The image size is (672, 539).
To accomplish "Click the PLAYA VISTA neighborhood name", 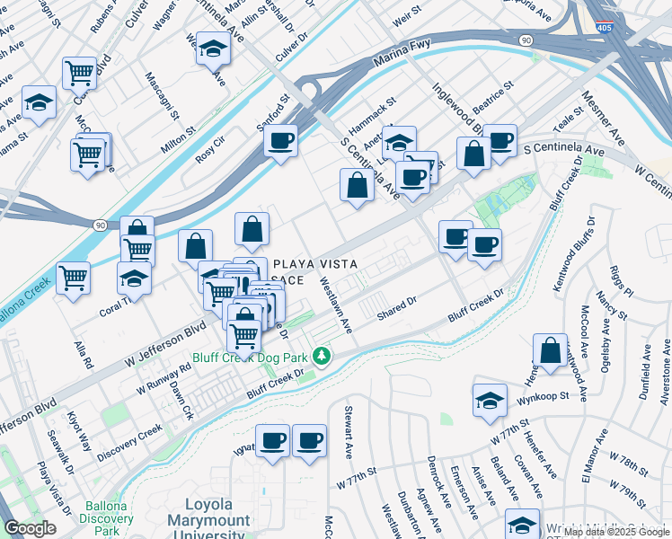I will coord(315,265).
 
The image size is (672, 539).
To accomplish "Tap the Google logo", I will coord(30,529).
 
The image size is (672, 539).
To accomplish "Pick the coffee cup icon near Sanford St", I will coord(281,142).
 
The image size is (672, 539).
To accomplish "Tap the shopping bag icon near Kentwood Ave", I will coord(550,350).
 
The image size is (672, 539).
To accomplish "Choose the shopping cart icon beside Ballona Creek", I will coord(73,277).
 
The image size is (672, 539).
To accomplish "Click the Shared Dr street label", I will coord(397,306).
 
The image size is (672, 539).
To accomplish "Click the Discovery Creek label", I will coord(131,439).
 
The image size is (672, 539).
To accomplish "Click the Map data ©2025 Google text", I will coord(616,532).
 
